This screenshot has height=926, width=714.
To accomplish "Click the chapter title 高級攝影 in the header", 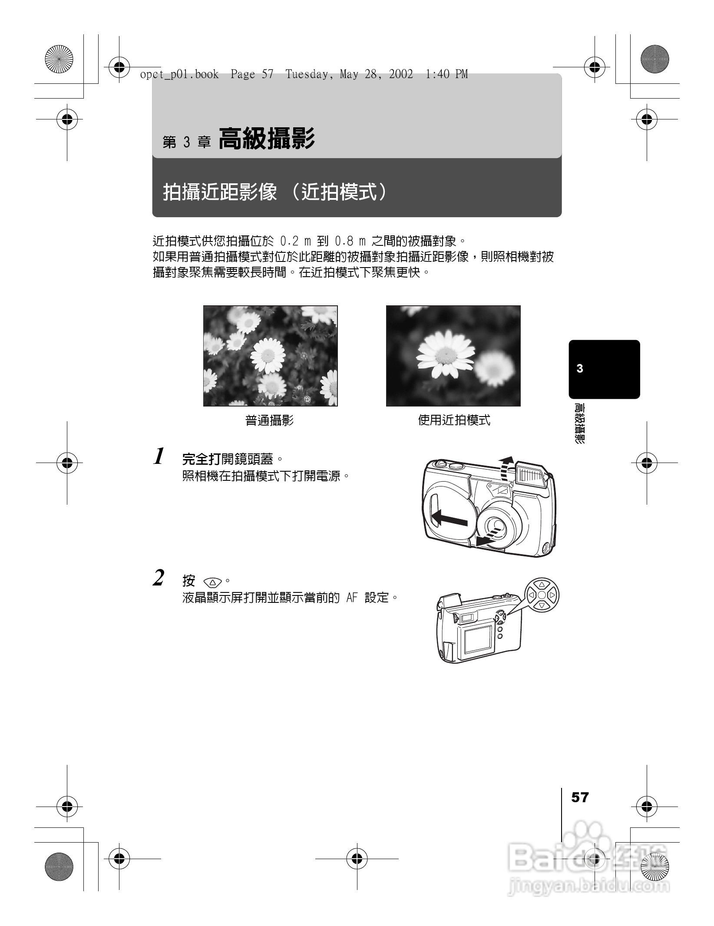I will [x=266, y=139].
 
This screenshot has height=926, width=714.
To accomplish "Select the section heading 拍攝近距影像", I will [x=220, y=192].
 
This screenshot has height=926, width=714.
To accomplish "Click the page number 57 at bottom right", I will [x=580, y=797].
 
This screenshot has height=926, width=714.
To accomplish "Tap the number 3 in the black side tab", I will [x=580, y=369].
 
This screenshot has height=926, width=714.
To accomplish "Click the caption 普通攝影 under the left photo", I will [x=269, y=420].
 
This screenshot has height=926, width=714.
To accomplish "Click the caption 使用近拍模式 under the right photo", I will [x=454, y=420].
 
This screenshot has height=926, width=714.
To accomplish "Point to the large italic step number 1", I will [x=159, y=457].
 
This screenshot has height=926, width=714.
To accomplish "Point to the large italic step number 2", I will [x=159, y=579].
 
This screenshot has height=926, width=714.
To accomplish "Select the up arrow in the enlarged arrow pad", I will [x=542, y=585].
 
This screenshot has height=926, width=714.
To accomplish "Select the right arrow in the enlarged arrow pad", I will [x=552, y=595].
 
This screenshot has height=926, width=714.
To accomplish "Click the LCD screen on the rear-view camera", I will [x=477, y=640].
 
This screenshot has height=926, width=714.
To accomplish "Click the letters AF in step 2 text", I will [x=352, y=598].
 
